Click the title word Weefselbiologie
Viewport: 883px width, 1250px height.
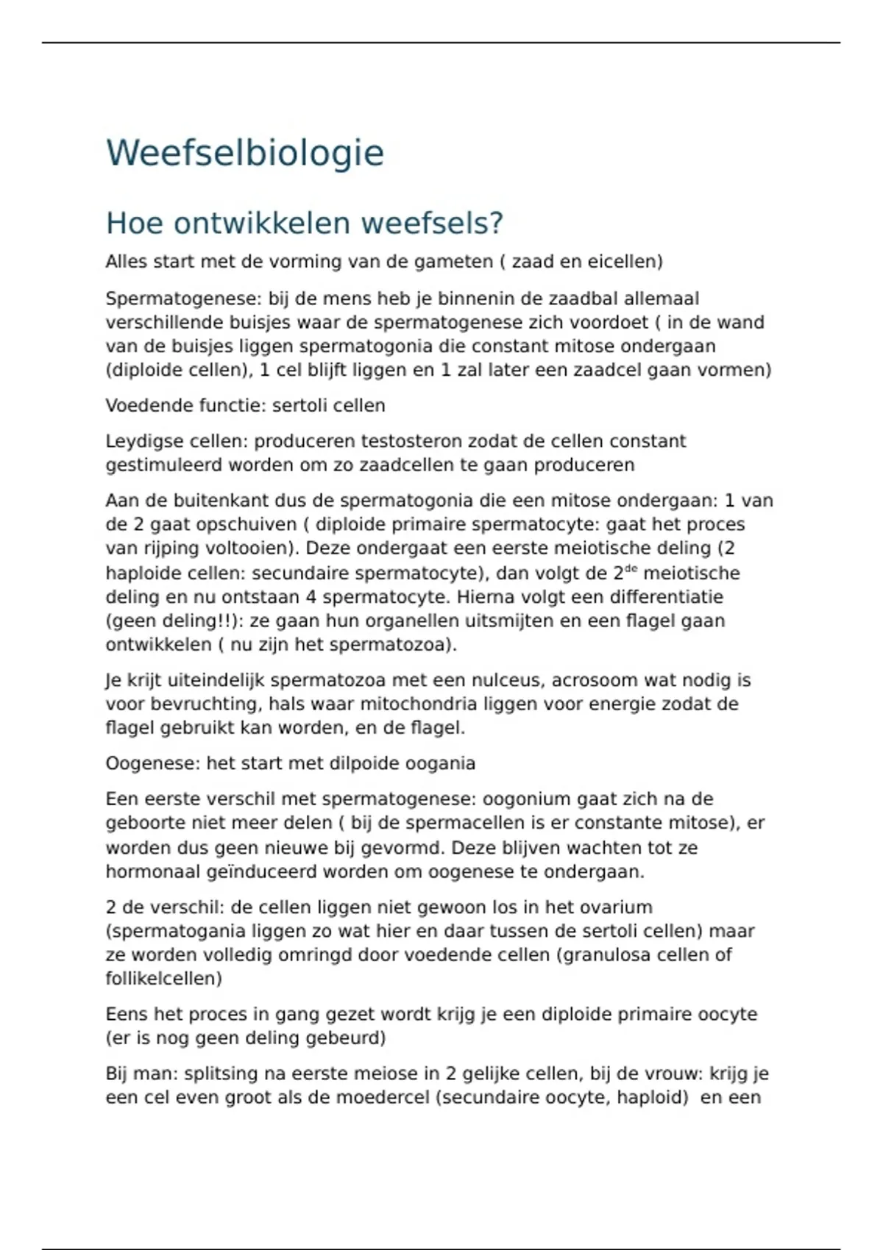pos(245,153)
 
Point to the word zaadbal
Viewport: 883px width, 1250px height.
pos(583,299)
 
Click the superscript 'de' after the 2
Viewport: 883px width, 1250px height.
pos(631,569)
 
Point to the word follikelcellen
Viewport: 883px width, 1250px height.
pos(163,979)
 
